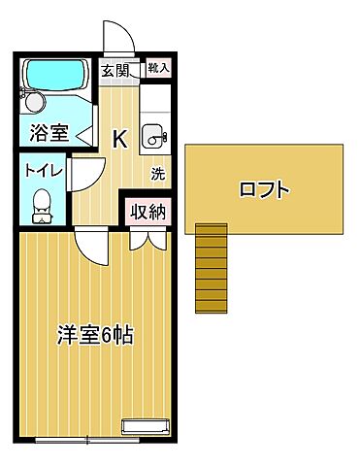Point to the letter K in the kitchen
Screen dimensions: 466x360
pos(119,139)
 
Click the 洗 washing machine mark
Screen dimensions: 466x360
pos(157,175)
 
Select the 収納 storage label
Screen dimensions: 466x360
pos(147,212)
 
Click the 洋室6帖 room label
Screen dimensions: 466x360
pos(94,337)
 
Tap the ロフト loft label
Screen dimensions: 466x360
pos(264,189)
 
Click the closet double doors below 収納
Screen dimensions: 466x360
pos(146,238)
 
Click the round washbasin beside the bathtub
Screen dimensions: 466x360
pos(34,101)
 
